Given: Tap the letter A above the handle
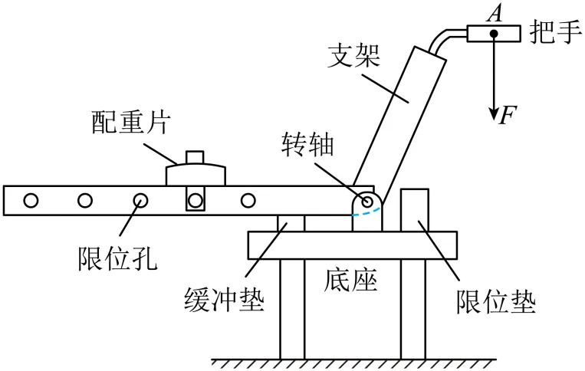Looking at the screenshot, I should pyautogui.click(x=495, y=12).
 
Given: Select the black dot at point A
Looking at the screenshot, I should pyautogui.click(x=495, y=34).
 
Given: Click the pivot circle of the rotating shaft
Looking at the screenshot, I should pyautogui.click(x=367, y=202).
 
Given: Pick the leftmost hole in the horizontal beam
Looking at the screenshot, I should pyautogui.click(x=31, y=201).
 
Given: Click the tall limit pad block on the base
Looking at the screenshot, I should pyautogui.click(x=412, y=209).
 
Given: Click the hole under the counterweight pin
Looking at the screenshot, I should pyautogui.click(x=196, y=201).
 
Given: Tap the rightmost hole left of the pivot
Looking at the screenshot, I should pyautogui.click(x=247, y=201).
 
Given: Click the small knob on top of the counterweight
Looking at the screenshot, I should pyautogui.click(x=196, y=157).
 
